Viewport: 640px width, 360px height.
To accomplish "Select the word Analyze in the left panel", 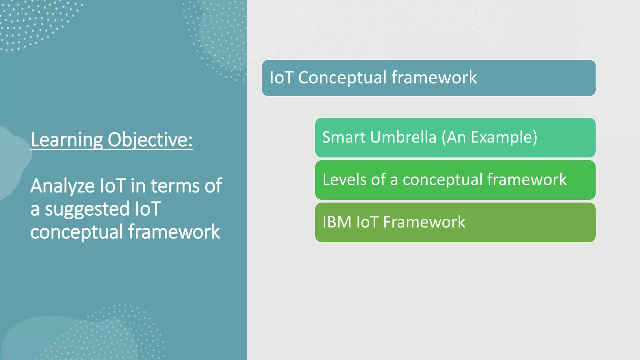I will click(x=62, y=186).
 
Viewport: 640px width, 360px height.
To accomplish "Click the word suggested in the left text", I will click(x=87, y=209).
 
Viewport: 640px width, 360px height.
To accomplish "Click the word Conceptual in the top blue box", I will click(x=342, y=77).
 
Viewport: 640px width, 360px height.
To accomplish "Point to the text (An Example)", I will click(x=489, y=137).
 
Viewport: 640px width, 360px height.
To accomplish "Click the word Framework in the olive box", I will click(x=424, y=222).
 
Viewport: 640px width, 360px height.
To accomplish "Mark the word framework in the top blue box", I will click(x=434, y=77).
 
